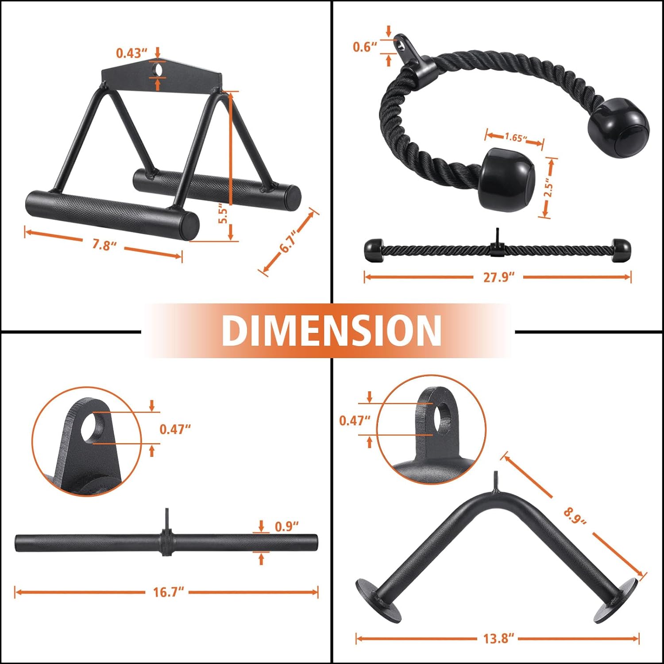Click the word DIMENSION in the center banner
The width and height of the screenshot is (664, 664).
click(x=332, y=330)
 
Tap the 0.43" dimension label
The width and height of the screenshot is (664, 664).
click(x=131, y=53)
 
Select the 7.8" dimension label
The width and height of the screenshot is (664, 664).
click(x=104, y=244)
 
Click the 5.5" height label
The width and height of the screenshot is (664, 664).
click(x=224, y=215)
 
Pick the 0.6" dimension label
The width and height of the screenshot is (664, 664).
click(x=365, y=46)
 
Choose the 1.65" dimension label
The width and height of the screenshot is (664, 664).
click(x=516, y=138)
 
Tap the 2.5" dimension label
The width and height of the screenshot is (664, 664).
click(x=549, y=188)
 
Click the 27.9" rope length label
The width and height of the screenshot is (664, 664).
click(x=498, y=278)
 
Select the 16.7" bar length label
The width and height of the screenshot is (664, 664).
click(x=168, y=592)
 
